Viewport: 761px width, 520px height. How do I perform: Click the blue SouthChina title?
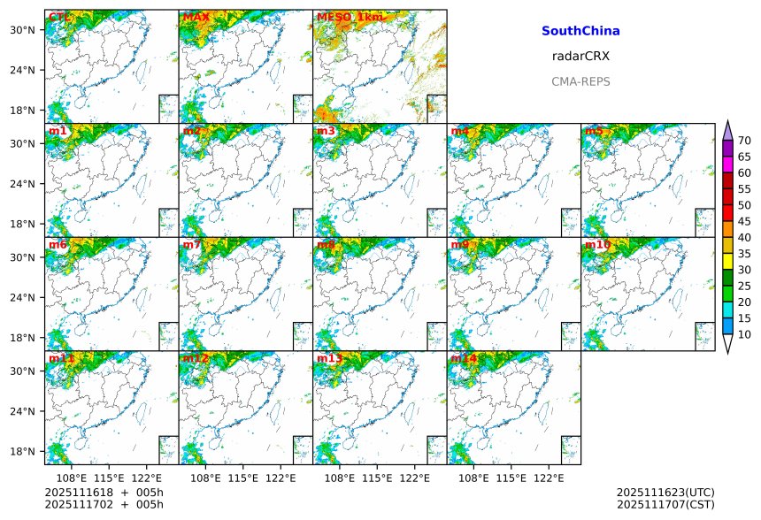click(x=580, y=31)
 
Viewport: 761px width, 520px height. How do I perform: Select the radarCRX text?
click(x=580, y=56)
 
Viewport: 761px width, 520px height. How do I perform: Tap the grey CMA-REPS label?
click(x=580, y=81)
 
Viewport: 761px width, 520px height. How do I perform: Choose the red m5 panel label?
click(x=593, y=131)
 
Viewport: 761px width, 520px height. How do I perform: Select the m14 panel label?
click(x=464, y=358)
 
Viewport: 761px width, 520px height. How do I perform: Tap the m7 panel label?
click(x=193, y=244)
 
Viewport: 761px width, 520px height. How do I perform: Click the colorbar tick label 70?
click(x=745, y=141)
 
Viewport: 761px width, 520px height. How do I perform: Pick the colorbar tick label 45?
click(x=745, y=222)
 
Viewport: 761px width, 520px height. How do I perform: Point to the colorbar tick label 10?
click(x=745, y=334)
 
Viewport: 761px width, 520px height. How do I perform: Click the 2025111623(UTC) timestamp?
click(x=665, y=492)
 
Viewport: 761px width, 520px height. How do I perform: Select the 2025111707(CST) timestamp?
click(x=665, y=504)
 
